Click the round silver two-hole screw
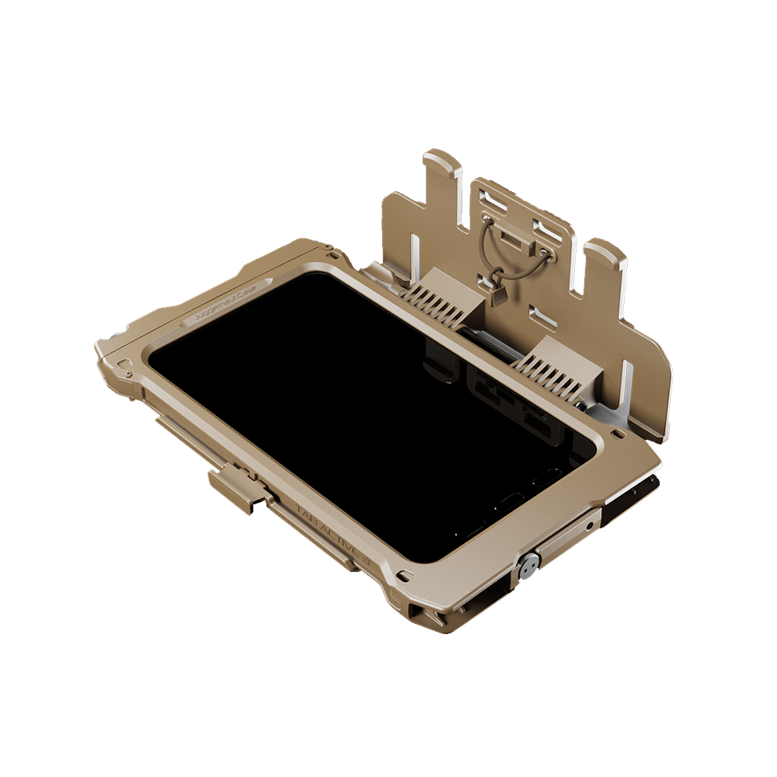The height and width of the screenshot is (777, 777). [528, 565]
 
